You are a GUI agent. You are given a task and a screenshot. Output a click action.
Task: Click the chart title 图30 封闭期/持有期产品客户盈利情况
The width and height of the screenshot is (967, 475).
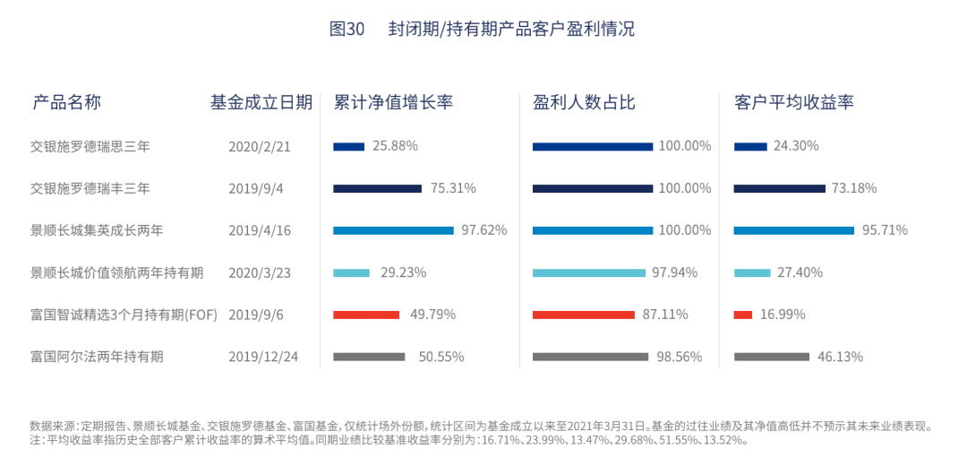coord(482,29)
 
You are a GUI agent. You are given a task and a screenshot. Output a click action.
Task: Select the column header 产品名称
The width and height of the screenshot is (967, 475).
coord(66,102)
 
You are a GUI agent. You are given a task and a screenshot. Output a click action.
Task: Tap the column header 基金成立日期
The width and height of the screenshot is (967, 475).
coord(261,102)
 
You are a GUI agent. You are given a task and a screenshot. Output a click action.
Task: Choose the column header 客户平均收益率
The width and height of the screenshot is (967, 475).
coord(793,102)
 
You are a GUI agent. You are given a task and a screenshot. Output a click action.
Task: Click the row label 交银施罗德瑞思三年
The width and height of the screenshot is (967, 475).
coord(90,146)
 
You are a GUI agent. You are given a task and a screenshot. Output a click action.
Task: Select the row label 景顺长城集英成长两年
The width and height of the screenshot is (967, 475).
coord(97,230)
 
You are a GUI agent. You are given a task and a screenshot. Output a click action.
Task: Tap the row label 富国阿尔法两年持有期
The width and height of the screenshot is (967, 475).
coord(97,357)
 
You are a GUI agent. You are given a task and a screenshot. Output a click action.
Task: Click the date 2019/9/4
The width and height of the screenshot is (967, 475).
coord(257,188)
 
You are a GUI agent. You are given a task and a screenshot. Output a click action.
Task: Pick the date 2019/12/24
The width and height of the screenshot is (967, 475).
coord(263,357)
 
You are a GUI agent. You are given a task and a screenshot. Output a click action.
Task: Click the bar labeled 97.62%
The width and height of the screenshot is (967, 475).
coord(393,230)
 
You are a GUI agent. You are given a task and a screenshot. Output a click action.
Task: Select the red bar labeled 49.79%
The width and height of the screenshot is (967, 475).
coord(366,315)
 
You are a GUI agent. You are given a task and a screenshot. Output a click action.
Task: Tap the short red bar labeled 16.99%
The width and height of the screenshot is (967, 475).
coord(742,315)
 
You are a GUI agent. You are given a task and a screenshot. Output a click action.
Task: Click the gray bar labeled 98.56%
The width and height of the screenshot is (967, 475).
coord(590,357)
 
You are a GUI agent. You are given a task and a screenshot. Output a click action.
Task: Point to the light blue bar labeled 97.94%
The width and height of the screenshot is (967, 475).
coord(589,272)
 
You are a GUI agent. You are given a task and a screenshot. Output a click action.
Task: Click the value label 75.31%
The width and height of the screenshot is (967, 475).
coord(453,188)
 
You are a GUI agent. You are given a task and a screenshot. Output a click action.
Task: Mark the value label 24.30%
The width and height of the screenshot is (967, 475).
coord(796,146)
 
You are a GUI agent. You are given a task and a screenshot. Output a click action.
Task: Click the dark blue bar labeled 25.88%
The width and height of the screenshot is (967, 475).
coord(348,146)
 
